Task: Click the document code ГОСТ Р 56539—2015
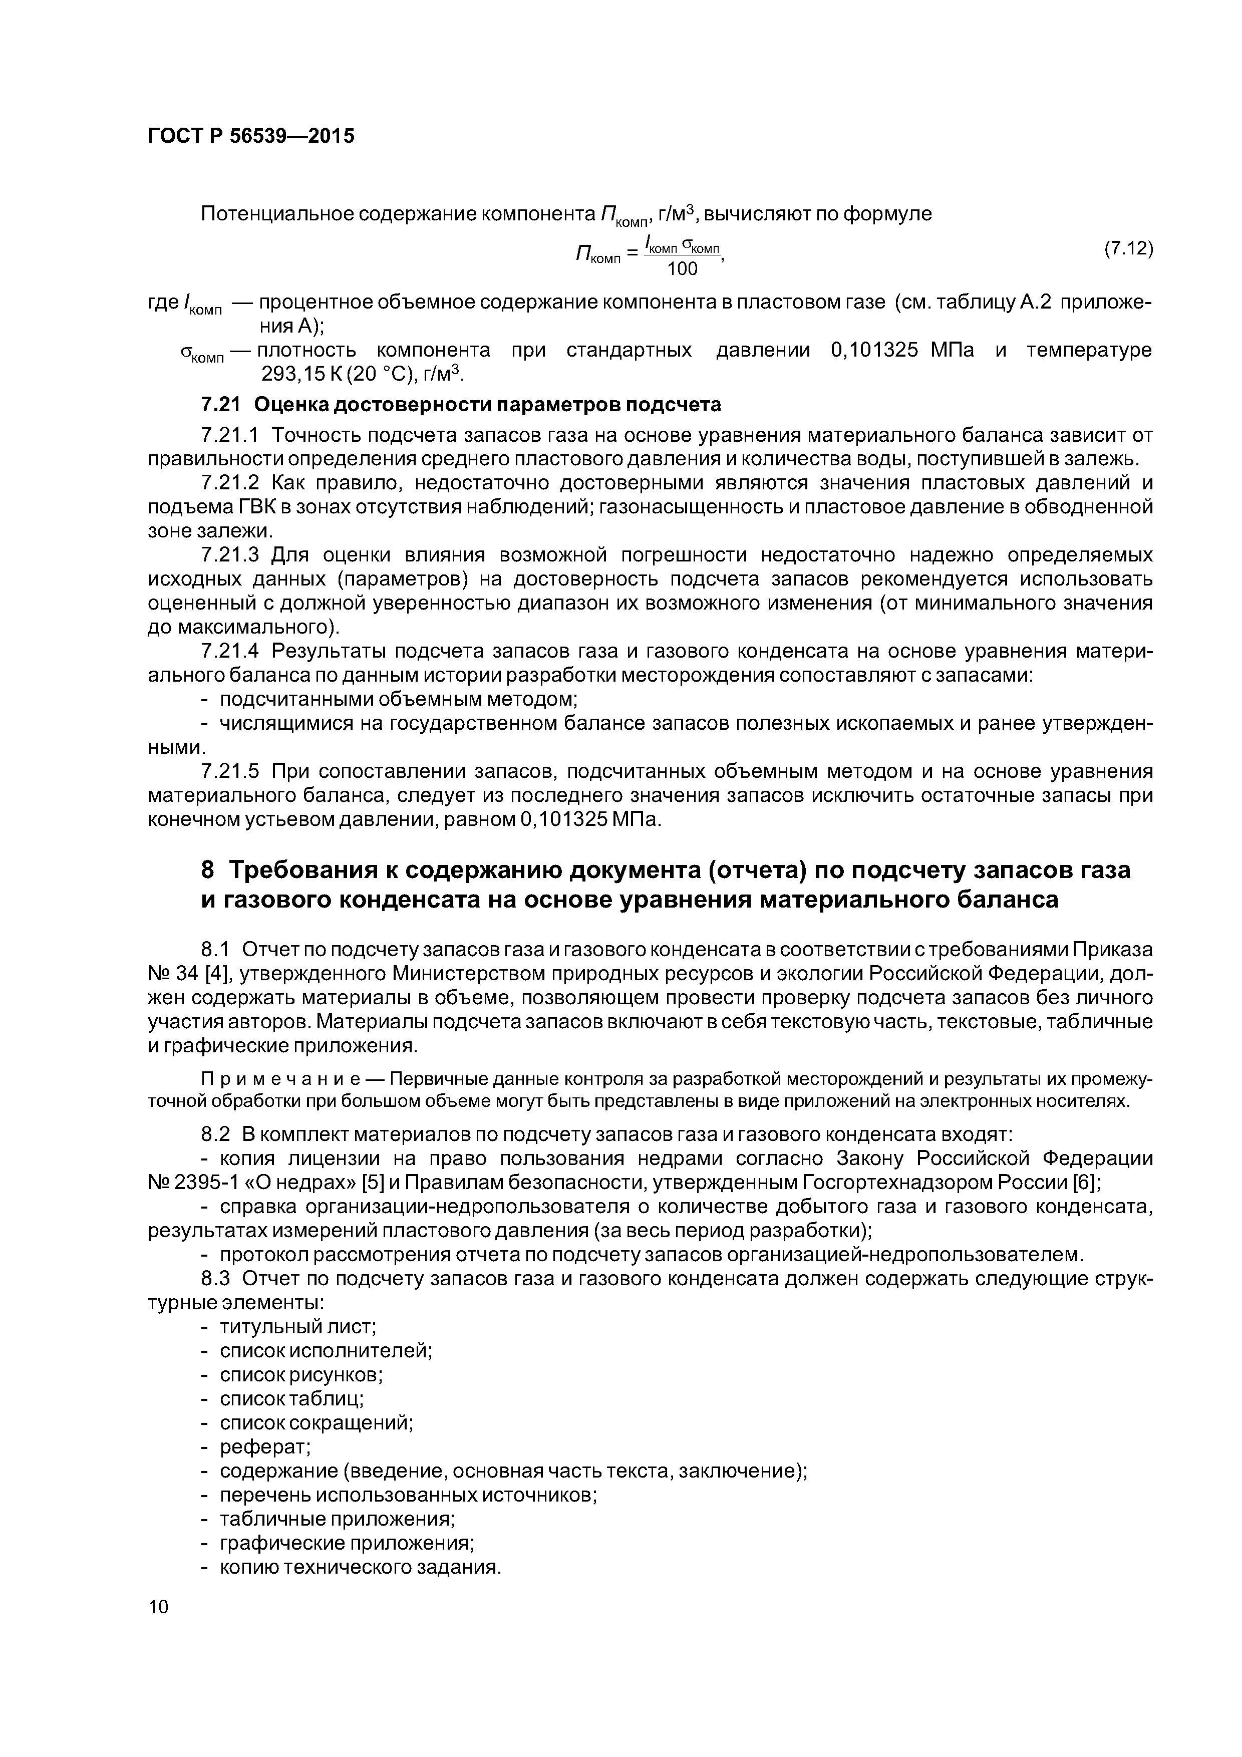tap(250, 137)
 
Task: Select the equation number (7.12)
tap(1128, 249)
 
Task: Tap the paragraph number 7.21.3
tap(229, 555)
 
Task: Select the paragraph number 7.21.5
tap(229, 771)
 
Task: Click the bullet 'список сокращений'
tap(316, 1422)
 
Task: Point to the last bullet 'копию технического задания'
tap(360, 1567)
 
